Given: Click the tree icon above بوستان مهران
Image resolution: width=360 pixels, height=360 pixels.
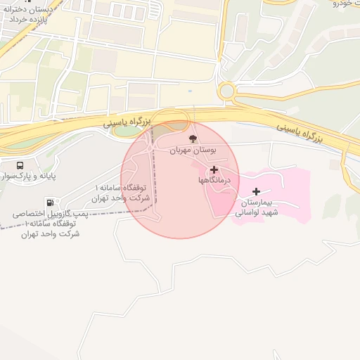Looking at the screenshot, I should click(x=193, y=139).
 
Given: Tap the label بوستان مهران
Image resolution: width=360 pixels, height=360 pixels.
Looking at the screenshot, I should click(x=193, y=150).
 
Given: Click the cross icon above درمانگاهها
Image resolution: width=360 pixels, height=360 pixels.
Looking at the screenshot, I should click(x=214, y=169).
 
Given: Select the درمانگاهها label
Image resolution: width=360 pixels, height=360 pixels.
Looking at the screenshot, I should click(x=214, y=181).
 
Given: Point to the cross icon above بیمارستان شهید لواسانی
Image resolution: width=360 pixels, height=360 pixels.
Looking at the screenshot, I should click(x=256, y=191).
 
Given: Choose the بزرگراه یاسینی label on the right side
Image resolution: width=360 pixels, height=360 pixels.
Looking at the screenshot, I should click(x=299, y=131).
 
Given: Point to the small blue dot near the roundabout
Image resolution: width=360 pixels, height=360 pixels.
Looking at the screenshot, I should click(x=189, y=91).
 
